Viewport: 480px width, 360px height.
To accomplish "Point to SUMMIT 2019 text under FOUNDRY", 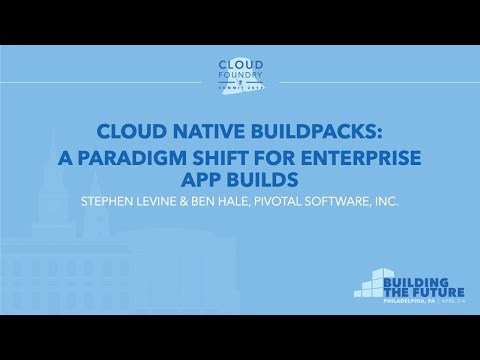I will (240, 92).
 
